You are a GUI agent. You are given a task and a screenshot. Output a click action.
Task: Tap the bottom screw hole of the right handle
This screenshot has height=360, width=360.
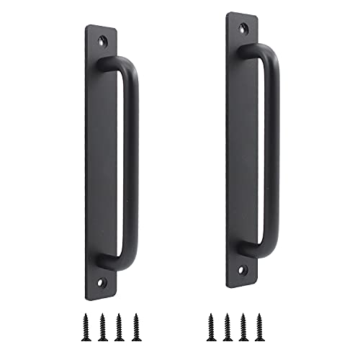pos(243,270)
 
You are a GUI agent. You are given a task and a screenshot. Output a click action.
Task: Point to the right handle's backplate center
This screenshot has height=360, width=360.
pos(242,150)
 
